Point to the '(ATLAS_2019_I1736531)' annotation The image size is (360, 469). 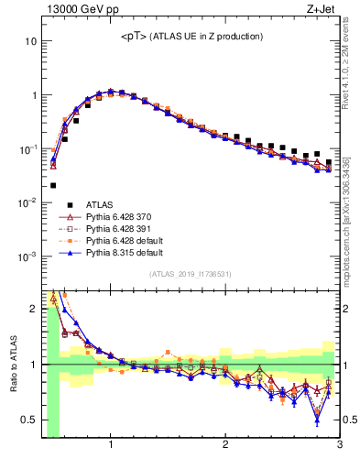(x=191, y=274)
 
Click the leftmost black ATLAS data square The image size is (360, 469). (x=53, y=185)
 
